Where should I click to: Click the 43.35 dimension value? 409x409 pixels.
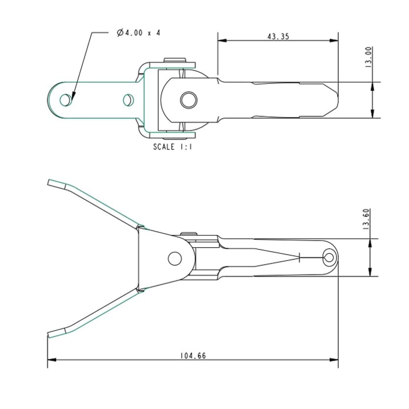coord(278,36)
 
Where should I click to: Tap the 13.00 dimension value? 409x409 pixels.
coord(369,57)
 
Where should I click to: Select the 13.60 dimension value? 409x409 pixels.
coord(367,219)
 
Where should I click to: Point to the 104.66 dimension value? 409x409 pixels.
coord(193,355)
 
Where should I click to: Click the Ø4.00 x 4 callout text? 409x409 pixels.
coord(138,33)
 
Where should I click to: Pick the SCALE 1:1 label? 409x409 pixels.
coord(172,147)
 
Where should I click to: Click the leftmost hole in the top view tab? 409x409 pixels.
coord(65,100)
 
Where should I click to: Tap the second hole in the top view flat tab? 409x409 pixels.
coord(128,100)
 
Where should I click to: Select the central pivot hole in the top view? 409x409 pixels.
coord(189,100)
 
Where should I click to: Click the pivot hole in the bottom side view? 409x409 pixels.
coord(175,259)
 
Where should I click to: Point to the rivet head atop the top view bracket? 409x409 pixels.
coord(175,60)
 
